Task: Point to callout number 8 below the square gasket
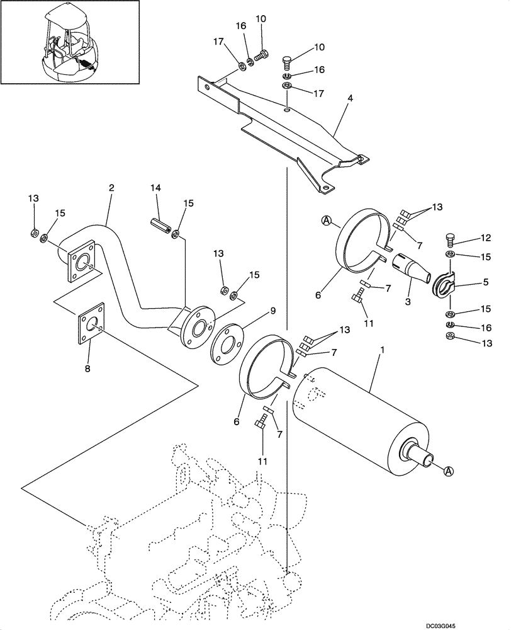(87, 369)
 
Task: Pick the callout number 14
(156, 188)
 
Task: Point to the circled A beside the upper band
(327, 220)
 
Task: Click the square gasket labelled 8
(90, 328)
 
